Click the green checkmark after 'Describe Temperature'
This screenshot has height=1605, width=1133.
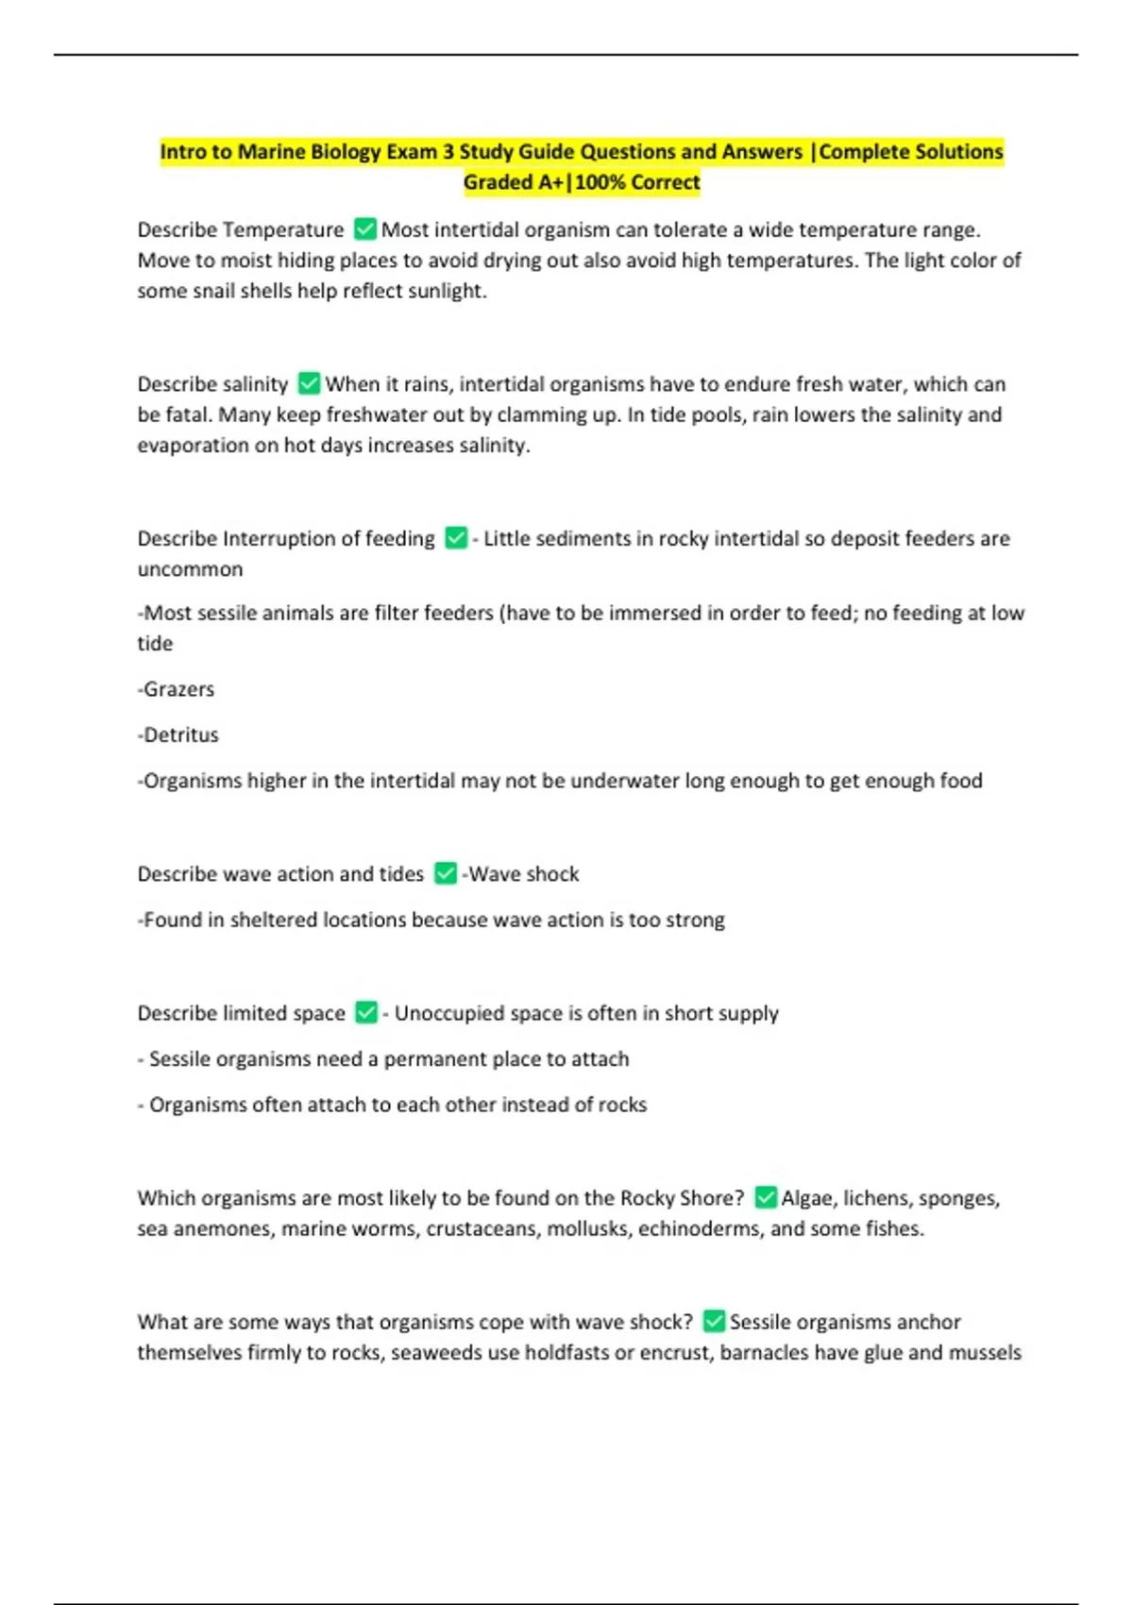pos(364,229)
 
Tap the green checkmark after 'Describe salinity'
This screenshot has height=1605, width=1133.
pos(309,383)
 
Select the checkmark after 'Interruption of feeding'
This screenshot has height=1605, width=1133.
pos(456,538)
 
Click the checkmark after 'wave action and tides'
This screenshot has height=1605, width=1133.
pos(446,873)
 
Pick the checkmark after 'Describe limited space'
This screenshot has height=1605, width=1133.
pos(366,1012)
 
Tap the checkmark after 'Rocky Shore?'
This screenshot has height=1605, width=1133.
pos(766,1197)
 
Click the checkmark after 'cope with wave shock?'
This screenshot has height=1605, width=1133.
pos(714,1321)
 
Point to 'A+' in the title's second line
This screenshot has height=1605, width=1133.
pos(550,182)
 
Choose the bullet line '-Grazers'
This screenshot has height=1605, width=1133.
pos(177,689)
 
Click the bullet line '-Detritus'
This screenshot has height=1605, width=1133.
pos(178,735)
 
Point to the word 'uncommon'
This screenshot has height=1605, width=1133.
pos(190,569)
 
